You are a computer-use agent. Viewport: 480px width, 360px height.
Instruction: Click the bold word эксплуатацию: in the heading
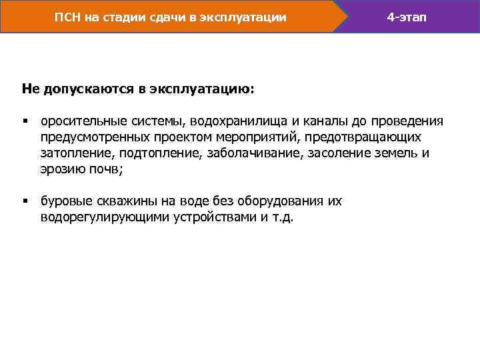tap(213, 89)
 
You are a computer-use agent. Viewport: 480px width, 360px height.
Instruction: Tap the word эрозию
tap(62, 169)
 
